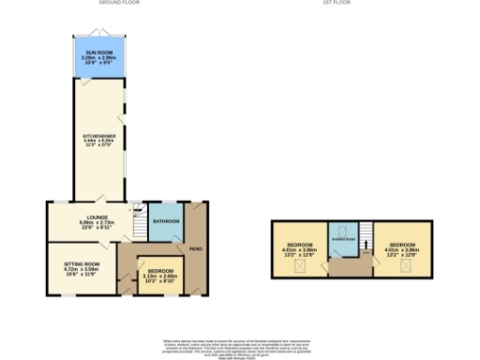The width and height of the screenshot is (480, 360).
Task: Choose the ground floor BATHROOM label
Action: (x=166, y=220)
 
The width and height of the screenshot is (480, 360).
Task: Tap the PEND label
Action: (x=197, y=249)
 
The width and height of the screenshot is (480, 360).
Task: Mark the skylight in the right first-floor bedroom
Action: (x=406, y=265)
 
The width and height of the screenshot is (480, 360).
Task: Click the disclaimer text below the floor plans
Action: (x=240, y=345)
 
